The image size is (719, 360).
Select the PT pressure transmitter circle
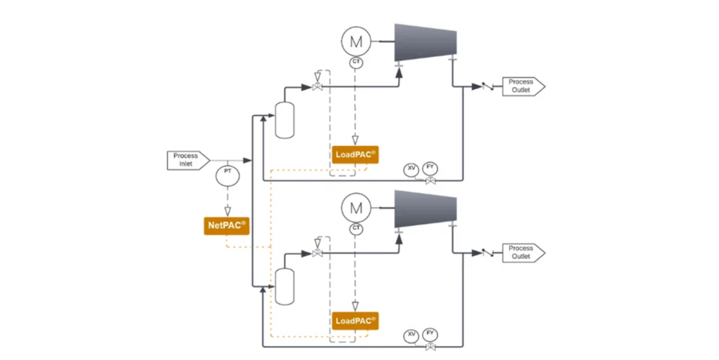pyautogui.click(x=227, y=175)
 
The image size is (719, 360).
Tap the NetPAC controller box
pyautogui.click(x=227, y=225)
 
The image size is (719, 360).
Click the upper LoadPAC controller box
pyautogui.click(x=355, y=154)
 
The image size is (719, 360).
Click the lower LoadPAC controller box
pyautogui.click(x=355, y=321)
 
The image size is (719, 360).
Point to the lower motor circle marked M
pyautogui.click(x=356, y=208)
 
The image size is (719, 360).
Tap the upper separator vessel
pyautogui.click(x=284, y=120)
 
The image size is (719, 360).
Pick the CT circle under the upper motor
pyautogui.click(x=356, y=63)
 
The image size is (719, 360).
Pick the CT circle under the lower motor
pyautogui.click(x=356, y=229)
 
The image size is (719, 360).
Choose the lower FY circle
pyautogui.click(x=430, y=334)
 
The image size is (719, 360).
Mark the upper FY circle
pyautogui.click(x=430, y=168)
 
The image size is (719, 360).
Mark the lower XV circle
pyautogui.click(x=411, y=335)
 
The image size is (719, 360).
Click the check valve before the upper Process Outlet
pyautogui.click(x=487, y=87)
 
